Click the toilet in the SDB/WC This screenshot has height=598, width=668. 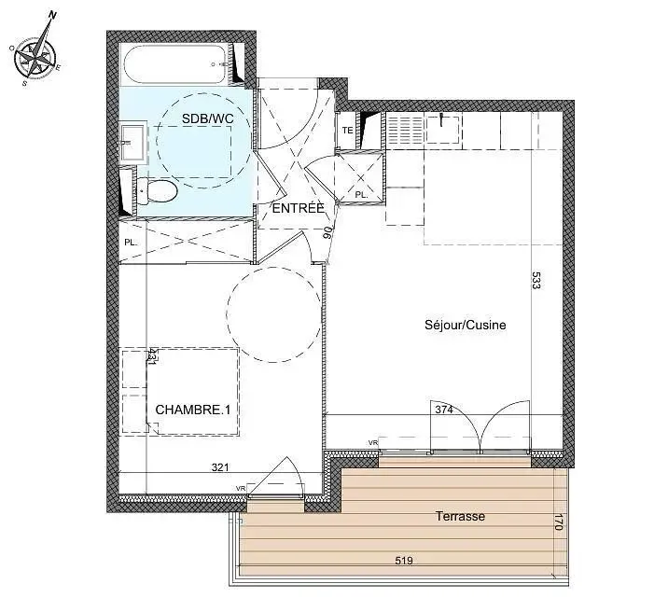[160, 191]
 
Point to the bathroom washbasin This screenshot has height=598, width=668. [132, 143]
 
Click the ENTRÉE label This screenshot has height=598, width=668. [298, 208]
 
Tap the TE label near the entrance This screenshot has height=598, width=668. [347, 131]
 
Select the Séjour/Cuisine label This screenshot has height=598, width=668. [466, 326]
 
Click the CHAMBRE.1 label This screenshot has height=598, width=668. [192, 409]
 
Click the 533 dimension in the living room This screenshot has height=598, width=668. [536, 281]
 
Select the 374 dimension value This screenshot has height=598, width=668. [444, 409]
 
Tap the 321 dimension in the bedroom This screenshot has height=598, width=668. [220, 468]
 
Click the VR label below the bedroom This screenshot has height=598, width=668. [240, 488]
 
